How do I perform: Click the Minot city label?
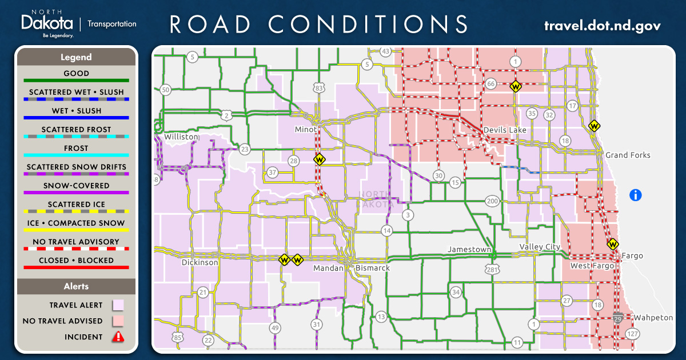pyautogui.click(x=305, y=129)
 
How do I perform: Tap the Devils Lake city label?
pyautogui.click(x=504, y=130)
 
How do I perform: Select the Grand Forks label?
pyautogui.click(x=628, y=155)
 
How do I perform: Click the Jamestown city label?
pyautogui.click(x=469, y=250)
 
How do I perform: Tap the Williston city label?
pyautogui.click(x=181, y=137)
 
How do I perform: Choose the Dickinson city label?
pyautogui.click(x=200, y=262)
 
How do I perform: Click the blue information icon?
pyautogui.click(x=635, y=195)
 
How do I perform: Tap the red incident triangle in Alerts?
pyautogui.click(x=118, y=337)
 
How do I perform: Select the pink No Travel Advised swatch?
pyautogui.click(x=118, y=321)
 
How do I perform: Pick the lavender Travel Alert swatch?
pyautogui.click(x=118, y=305)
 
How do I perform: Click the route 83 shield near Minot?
pyautogui.click(x=319, y=87)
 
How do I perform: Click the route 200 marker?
pyautogui.click(x=492, y=201)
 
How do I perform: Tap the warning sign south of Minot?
pyautogui.click(x=319, y=159)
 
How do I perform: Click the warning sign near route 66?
pyautogui.click(x=516, y=87)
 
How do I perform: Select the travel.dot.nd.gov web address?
pyautogui.click(x=602, y=26)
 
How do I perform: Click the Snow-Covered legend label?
pyautogui.click(x=76, y=186)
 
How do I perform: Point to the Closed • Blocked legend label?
pyautogui.click(x=76, y=260)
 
